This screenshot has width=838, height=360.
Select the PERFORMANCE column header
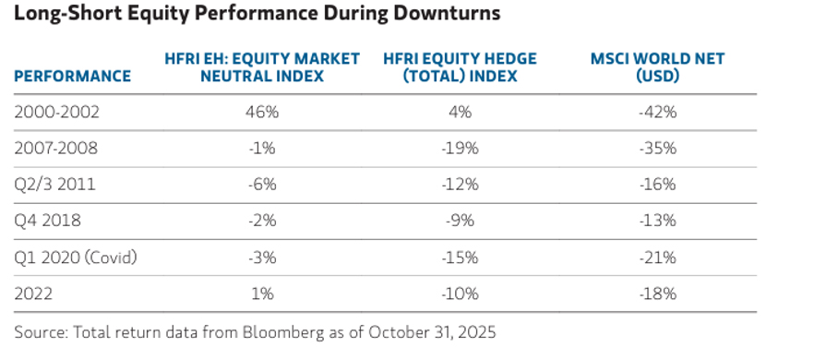tap(72, 76)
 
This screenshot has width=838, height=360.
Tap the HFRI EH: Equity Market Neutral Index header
tap(262, 67)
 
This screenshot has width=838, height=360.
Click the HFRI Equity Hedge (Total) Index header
tap(460, 67)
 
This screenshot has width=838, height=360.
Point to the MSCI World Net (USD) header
tap(657, 67)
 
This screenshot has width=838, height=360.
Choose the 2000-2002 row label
tap(56, 113)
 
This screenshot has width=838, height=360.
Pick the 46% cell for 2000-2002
tap(262, 113)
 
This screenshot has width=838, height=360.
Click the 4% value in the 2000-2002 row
tap(460, 113)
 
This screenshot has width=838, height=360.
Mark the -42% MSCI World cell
tap(657, 113)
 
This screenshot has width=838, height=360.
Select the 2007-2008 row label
tap(56, 149)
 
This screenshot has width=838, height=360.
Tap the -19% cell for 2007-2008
tap(460, 149)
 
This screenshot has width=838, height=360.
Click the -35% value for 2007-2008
tap(657, 149)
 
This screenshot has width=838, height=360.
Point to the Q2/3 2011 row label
tap(54, 185)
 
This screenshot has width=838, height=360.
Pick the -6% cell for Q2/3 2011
tap(262, 185)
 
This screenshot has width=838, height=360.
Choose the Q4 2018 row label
tap(48, 221)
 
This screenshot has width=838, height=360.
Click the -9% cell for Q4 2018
tap(460, 221)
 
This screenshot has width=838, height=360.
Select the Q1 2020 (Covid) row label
tap(76, 258)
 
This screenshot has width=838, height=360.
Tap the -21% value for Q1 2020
tap(657, 258)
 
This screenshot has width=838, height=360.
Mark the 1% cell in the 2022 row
tap(262, 294)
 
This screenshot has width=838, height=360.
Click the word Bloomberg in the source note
tap(283, 332)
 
